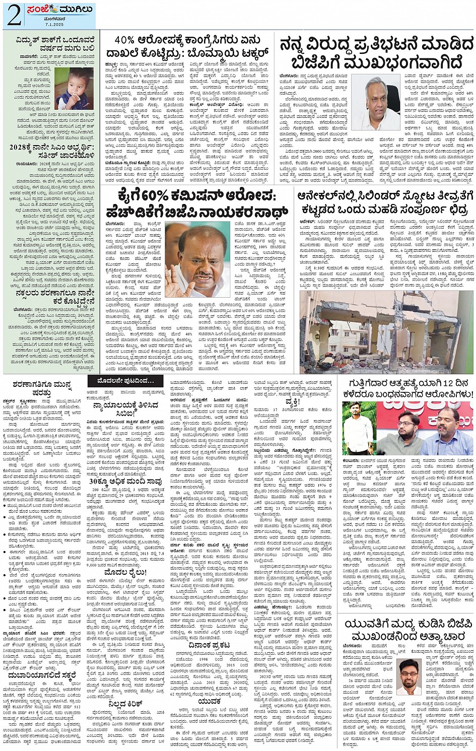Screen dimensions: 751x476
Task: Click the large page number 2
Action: (x=14, y=15)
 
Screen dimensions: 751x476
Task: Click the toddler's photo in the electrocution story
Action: (x=74, y=89)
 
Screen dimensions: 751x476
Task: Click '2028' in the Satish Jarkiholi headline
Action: (x=22, y=148)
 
